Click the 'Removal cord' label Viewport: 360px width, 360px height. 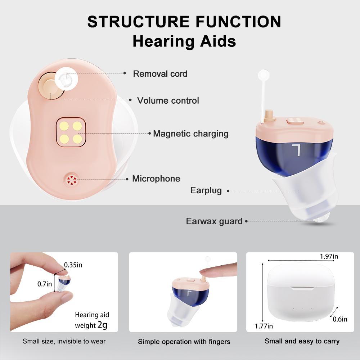pos(160,74)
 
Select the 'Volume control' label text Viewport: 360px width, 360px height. pos(168,100)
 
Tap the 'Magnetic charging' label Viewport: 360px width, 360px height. pos(190,134)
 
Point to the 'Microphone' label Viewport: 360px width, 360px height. pos(156,179)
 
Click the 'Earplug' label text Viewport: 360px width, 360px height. pos(206,190)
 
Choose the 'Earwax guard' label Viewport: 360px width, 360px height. pos(214,221)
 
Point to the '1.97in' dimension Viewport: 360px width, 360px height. pos(329,256)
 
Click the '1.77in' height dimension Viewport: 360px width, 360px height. pos(264,326)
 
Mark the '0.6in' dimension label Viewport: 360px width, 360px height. pos(339,319)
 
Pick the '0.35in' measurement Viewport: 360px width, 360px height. pos(73,265)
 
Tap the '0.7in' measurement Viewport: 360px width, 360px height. pos(45,284)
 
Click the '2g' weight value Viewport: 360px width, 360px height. pos(102,325)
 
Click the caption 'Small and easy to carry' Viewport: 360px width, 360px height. pos(302,341)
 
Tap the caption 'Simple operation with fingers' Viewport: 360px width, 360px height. pos(184,342)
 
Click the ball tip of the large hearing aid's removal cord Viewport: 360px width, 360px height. pos(264,75)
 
